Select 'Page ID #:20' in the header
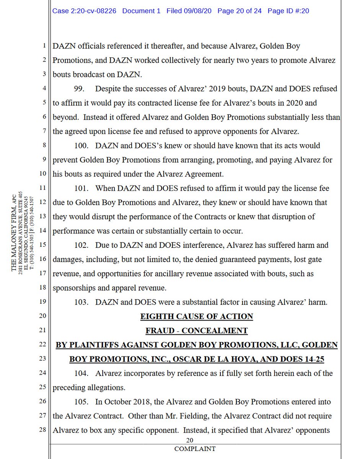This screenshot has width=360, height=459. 288,11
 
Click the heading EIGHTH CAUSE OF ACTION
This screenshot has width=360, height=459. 196,316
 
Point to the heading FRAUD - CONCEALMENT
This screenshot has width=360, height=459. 196,330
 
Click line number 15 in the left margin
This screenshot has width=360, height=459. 42,245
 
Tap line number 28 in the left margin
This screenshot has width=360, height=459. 42,430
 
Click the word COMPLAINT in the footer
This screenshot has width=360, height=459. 195,449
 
